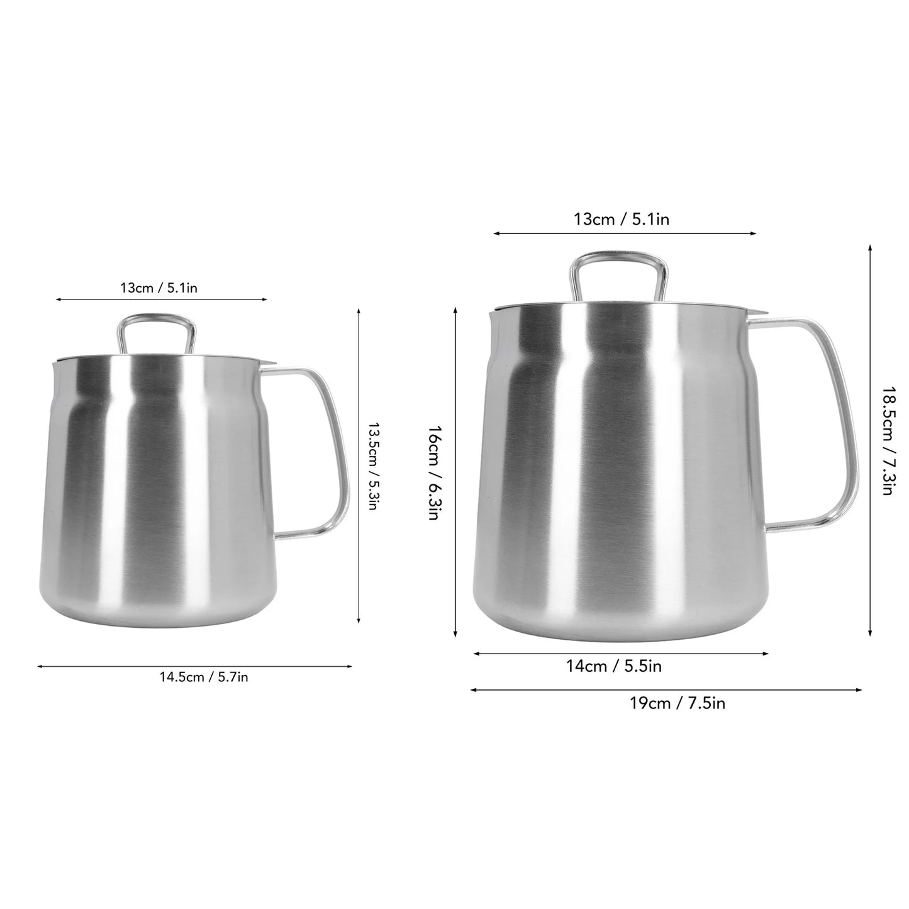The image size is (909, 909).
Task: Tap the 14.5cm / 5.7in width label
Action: pyautogui.click(x=203, y=678)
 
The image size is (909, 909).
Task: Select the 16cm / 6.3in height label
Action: pyautogui.click(x=433, y=472)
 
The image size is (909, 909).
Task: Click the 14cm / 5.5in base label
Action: pyautogui.click(x=613, y=666)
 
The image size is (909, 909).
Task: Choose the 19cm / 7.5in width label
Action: pyautogui.click(x=678, y=703)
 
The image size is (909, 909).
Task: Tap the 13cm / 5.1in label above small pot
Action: pyautogui.click(x=159, y=288)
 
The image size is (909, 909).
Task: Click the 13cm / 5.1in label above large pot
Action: pyautogui.click(x=621, y=220)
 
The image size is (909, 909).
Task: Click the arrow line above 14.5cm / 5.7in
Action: pyautogui.click(x=194, y=666)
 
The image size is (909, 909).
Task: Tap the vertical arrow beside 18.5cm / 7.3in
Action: pyautogui.click(x=870, y=440)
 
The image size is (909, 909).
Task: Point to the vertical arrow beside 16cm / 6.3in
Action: pyautogui.click(x=455, y=473)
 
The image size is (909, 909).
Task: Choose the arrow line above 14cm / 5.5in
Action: pyautogui.click(x=620, y=654)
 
